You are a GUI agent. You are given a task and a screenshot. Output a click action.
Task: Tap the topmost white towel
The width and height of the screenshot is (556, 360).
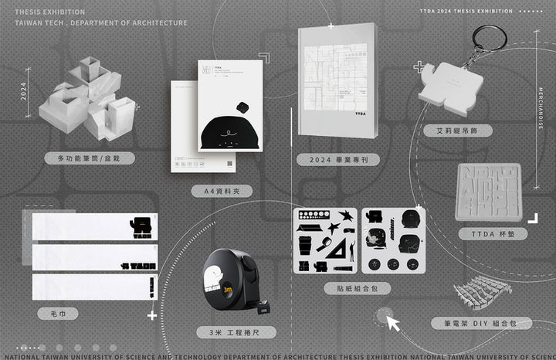95,226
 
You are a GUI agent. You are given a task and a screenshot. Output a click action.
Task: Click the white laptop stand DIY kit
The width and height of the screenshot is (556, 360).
483,290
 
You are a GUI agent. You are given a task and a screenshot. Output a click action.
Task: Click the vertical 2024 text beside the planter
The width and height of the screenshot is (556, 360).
24,92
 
